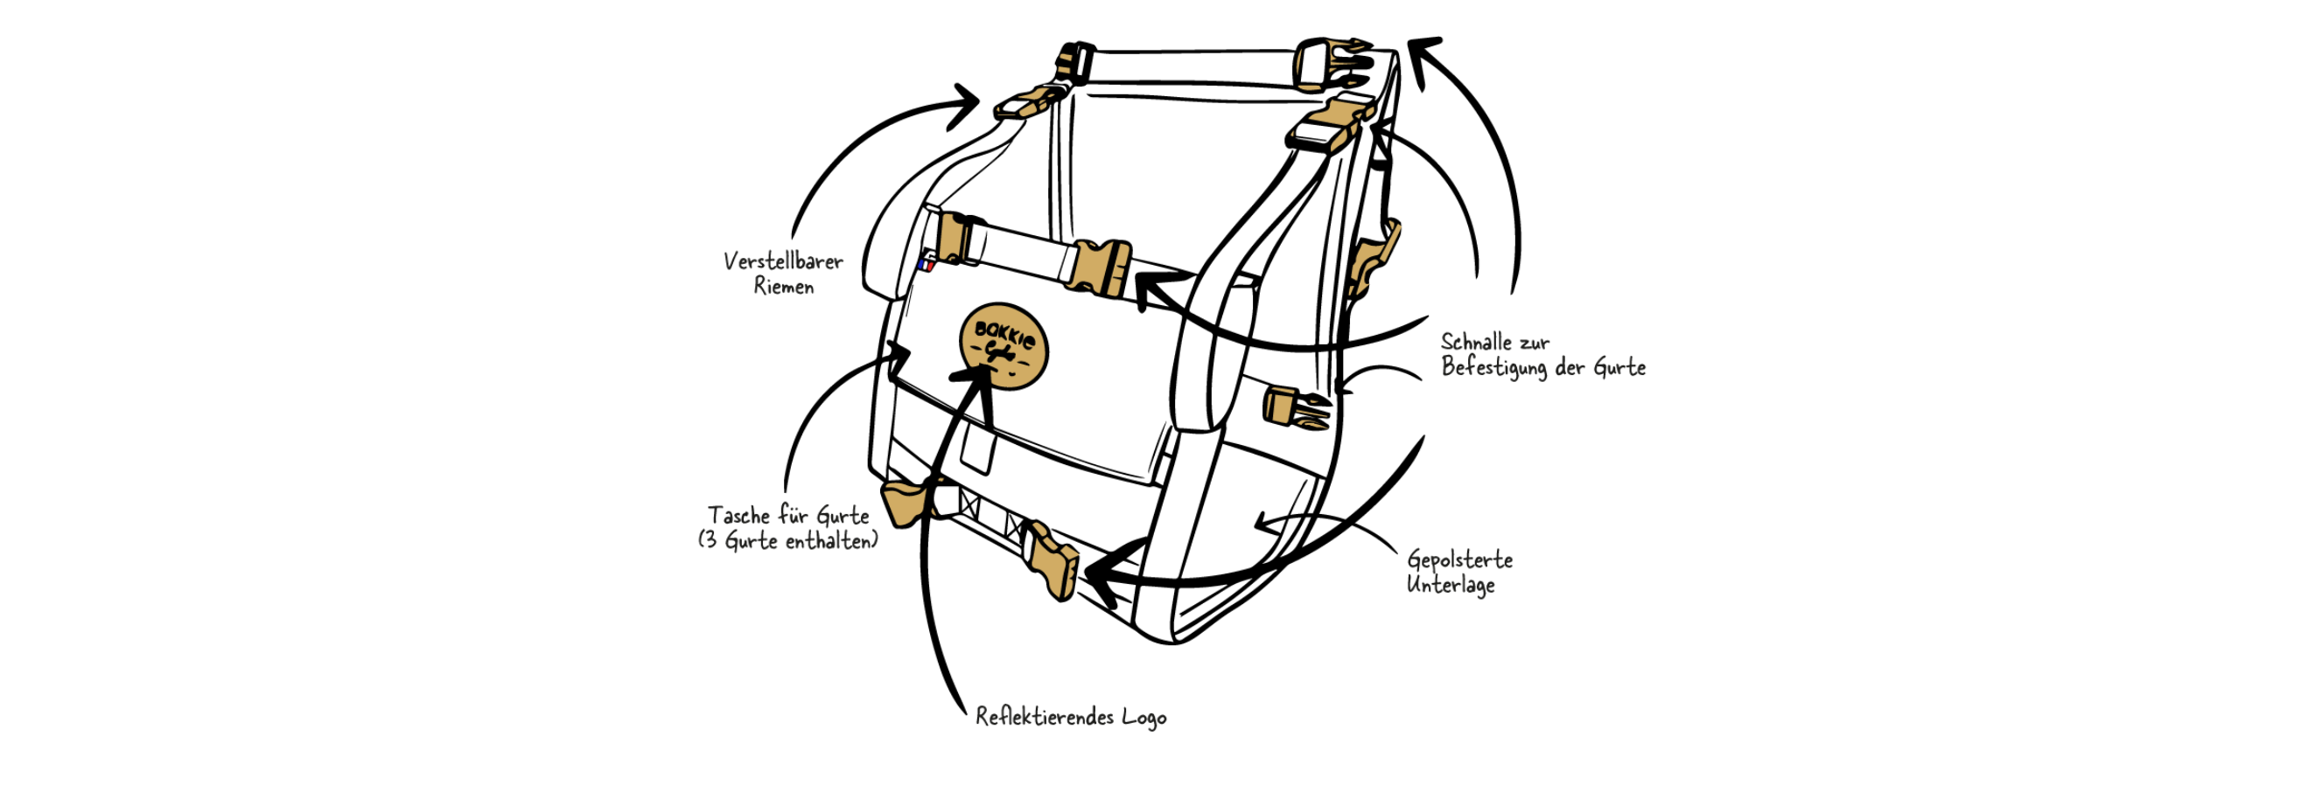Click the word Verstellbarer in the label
tap(783, 261)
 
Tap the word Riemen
tap(784, 288)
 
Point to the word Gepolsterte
tap(1459, 559)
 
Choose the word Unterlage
tap(1451, 586)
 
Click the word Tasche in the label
tap(738, 516)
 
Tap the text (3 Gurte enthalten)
tap(787, 542)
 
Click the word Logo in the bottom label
tap(1144, 718)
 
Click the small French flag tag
tap(926, 265)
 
